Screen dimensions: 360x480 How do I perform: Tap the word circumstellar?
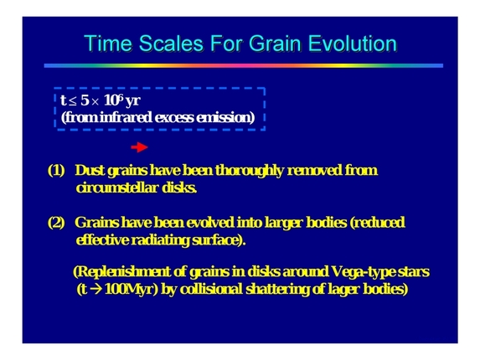click(x=114, y=188)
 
